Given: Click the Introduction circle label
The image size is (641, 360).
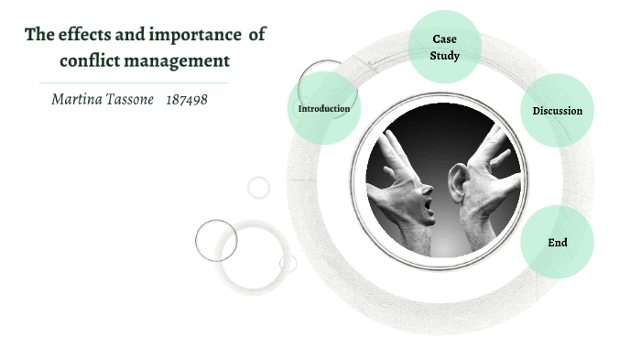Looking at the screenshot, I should [324, 109].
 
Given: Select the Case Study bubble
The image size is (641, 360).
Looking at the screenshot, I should [444, 46].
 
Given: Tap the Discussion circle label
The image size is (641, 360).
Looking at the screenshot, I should [557, 111].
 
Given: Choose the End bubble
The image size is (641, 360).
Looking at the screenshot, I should [557, 243].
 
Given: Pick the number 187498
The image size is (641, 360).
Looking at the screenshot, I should [186, 98].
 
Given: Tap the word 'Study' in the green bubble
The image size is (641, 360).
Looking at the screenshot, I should [444, 56].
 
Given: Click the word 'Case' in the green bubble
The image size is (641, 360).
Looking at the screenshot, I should [444, 38].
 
